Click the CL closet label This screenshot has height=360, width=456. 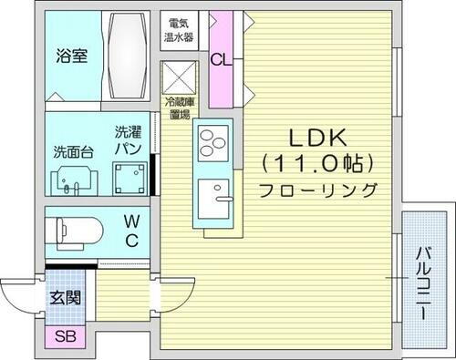tap(220, 61)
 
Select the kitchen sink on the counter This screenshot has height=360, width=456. tap(216, 196)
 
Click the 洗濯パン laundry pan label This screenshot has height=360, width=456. tap(128, 139)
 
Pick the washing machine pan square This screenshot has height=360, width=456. tap(129, 177)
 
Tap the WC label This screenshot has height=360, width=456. tap(131, 231)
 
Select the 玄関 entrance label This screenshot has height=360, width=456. tap(65, 297)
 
